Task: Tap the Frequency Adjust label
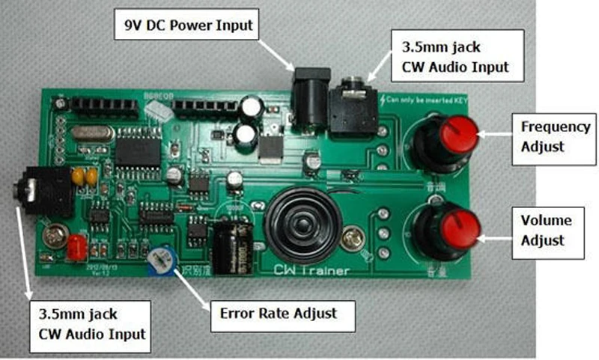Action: tap(556, 135)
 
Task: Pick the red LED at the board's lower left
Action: tap(76, 248)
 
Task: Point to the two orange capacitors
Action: tap(84, 177)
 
